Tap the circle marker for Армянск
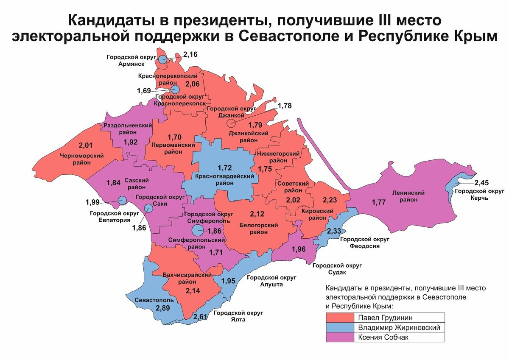[163, 59]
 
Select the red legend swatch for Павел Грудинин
[340, 318]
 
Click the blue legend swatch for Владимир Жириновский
[340, 327]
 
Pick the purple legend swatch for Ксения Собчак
[340, 338]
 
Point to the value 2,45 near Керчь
[482, 183]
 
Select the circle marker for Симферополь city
[197, 230]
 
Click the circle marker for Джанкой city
[231, 123]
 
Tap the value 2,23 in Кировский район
[330, 199]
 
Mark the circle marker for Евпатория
[122, 200]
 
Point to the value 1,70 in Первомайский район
[175, 137]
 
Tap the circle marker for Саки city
[148, 208]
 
